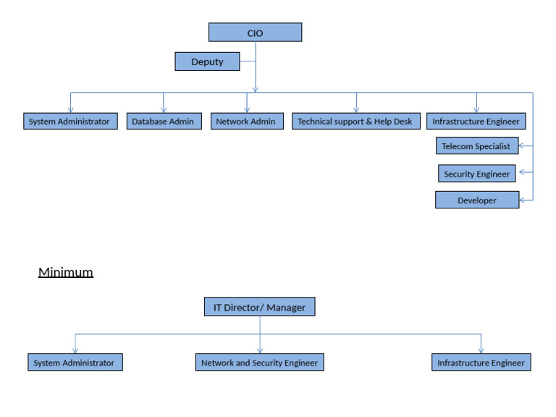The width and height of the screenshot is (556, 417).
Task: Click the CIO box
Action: click(x=255, y=33)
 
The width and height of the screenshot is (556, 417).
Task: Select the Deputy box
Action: click(x=207, y=62)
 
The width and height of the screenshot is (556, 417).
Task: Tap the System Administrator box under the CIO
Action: click(x=70, y=121)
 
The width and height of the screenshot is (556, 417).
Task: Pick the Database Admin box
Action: click(x=163, y=121)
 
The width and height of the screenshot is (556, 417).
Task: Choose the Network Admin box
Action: click(x=246, y=121)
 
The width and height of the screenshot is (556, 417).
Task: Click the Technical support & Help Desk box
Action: click(x=355, y=121)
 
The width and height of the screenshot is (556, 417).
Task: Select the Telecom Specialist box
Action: click(x=476, y=146)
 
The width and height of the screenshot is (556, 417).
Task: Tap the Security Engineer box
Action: click(x=477, y=174)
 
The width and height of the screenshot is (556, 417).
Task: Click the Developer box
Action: click(x=477, y=200)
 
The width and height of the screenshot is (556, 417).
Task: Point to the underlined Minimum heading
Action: click(x=66, y=272)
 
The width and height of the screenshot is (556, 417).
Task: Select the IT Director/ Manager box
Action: click(x=259, y=307)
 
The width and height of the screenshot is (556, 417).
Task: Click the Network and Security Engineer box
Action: click(x=259, y=362)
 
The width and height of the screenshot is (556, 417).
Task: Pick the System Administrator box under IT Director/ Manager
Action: click(x=75, y=362)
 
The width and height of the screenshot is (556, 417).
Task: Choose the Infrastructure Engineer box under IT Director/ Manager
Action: click(x=481, y=362)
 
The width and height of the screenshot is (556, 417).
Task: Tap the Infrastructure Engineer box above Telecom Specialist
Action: click(x=476, y=121)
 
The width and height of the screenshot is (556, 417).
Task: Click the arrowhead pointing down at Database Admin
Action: click(x=164, y=109)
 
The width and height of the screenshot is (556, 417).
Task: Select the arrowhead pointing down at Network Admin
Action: click(x=247, y=109)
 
